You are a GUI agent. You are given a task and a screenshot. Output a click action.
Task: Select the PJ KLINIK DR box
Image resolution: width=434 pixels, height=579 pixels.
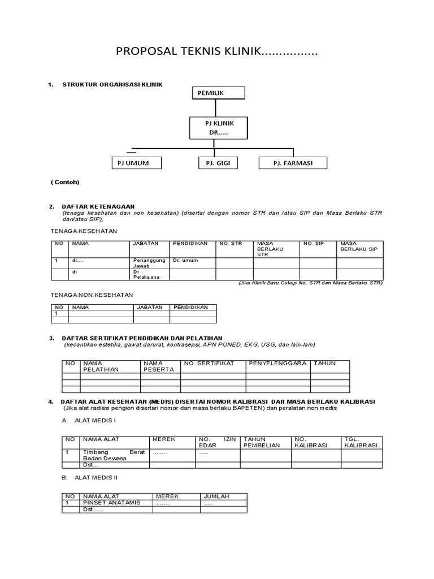tap(218, 128)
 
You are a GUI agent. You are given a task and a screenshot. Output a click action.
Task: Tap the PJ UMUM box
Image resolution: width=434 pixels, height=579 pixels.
tap(137, 163)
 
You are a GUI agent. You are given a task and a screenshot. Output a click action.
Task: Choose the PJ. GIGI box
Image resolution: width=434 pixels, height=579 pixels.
tap(218, 163)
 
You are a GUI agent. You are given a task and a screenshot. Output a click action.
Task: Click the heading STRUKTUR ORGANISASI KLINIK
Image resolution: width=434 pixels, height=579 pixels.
tap(112, 84)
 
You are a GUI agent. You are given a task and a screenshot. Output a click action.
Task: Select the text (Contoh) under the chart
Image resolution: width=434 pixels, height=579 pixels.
tap(65, 182)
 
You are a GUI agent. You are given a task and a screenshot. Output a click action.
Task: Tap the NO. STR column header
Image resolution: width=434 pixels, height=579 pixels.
tap(231, 243)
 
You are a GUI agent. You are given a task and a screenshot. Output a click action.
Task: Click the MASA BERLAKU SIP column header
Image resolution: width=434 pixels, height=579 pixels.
tap(358, 246)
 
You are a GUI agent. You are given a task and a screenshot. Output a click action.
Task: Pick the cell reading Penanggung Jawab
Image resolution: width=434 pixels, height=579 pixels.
tap(149, 263)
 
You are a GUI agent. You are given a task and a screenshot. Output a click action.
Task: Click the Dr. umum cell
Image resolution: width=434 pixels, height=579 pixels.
tap(185, 261)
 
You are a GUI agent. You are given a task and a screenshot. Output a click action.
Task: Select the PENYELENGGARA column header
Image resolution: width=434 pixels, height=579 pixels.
tap(277, 363)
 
